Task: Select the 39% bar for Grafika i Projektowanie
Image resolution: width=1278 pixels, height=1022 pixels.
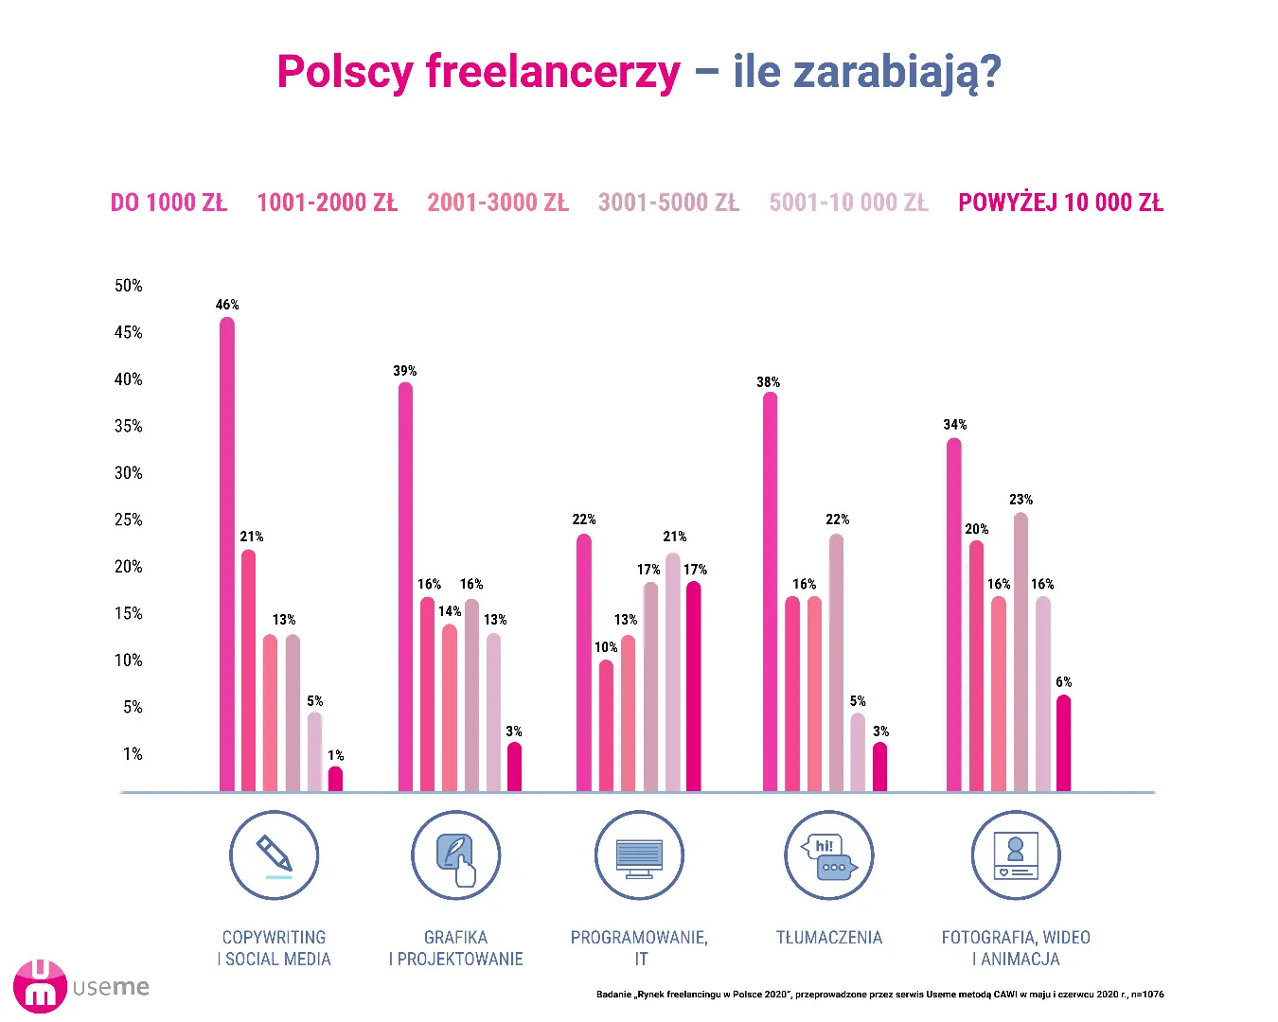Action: point(405,587)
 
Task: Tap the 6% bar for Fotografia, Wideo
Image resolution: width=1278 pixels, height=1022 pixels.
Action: point(1063,744)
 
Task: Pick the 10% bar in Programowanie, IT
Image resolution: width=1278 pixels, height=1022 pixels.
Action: point(606,726)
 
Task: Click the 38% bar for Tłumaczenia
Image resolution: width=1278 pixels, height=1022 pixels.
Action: point(770,591)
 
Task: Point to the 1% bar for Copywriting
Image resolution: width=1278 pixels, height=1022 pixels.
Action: point(335,779)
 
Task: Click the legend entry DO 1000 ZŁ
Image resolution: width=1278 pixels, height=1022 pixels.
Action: point(169,203)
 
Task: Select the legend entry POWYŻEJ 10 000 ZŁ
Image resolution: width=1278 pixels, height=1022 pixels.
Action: point(1060,203)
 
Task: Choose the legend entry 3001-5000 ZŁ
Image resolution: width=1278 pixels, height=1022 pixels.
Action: point(668,203)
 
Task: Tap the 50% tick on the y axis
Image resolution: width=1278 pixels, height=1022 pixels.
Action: point(129,286)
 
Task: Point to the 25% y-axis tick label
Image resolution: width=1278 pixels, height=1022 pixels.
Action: point(129,520)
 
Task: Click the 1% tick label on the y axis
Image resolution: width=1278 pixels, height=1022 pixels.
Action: point(133,754)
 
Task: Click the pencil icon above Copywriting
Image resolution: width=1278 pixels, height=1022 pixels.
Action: point(275,855)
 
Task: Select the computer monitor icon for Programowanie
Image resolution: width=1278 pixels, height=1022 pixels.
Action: point(639,855)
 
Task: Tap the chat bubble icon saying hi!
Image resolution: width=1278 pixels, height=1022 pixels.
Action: point(829,855)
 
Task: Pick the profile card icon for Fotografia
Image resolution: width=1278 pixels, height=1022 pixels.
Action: point(1016,855)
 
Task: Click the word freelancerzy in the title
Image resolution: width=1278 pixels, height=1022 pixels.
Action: point(553,72)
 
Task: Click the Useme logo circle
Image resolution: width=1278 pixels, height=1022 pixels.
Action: point(40,986)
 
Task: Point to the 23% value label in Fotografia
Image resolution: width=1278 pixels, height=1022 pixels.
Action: point(1021,500)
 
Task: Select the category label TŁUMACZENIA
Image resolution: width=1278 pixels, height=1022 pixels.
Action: point(829,938)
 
